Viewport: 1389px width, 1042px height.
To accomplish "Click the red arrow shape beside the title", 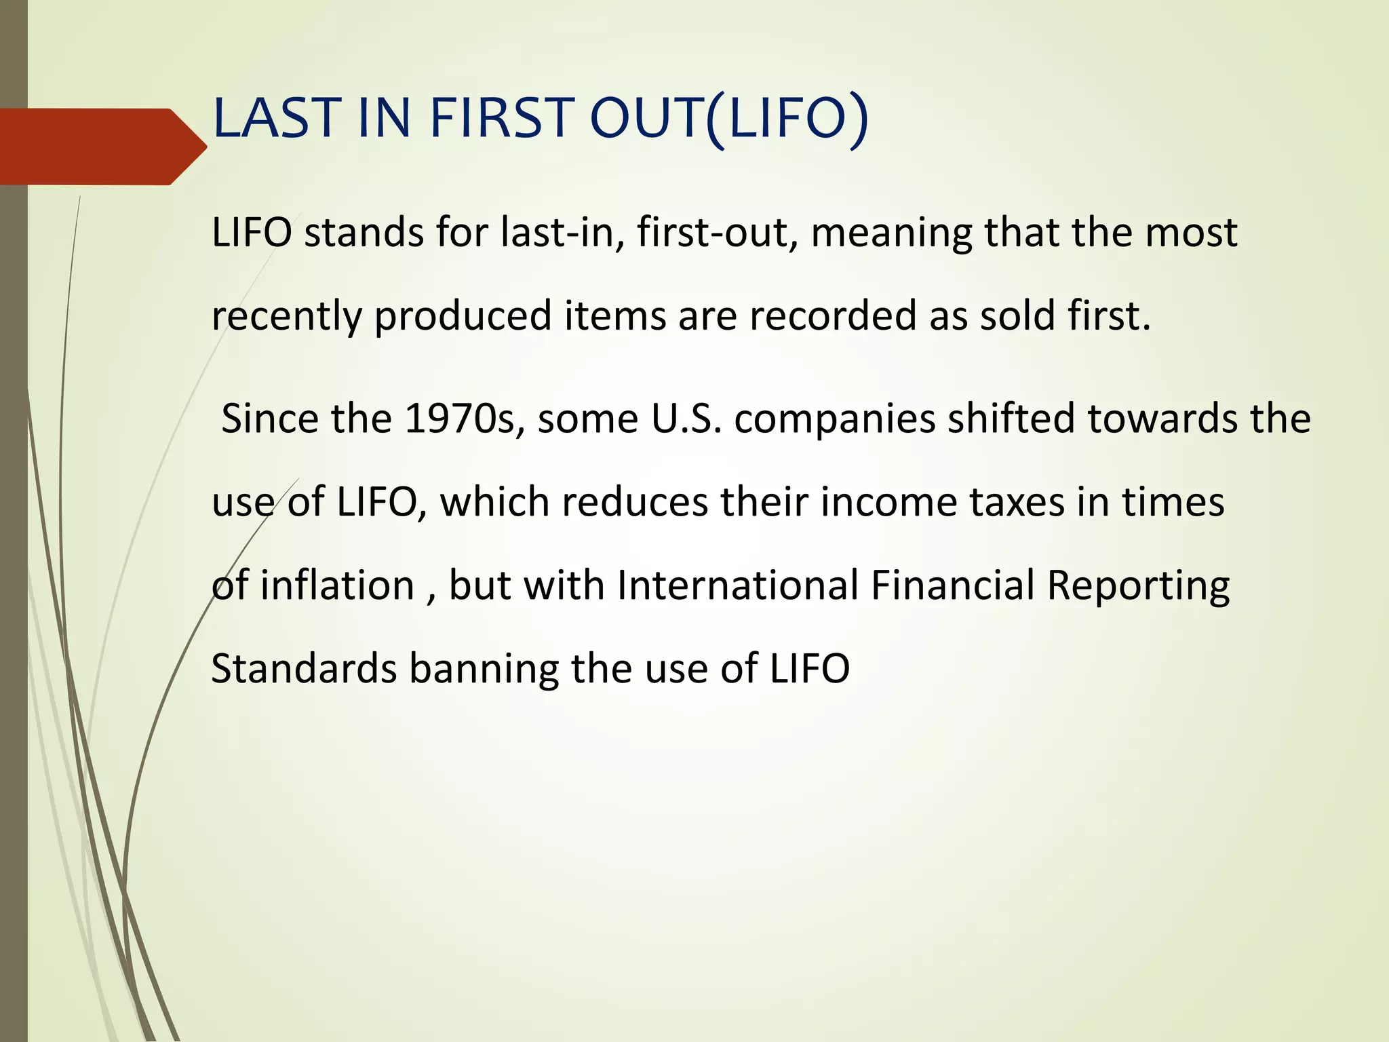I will click(x=102, y=147).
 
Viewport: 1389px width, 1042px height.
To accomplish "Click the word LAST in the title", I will click(x=277, y=118).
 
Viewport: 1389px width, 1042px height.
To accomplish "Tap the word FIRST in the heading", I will click(x=502, y=118).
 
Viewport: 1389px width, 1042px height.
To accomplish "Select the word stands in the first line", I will click(x=364, y=233).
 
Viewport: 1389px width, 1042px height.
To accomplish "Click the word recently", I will click(x=286, y=317).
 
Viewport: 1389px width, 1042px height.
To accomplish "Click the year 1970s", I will click(x=464, y=419).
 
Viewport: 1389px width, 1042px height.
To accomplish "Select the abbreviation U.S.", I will click(x=686, y=419).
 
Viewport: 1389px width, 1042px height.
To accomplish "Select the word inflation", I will click(x=336, y=585).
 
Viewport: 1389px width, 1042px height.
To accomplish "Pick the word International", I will click(x=738, y=585).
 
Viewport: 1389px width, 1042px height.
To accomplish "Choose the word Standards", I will click(x=304, y=668).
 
